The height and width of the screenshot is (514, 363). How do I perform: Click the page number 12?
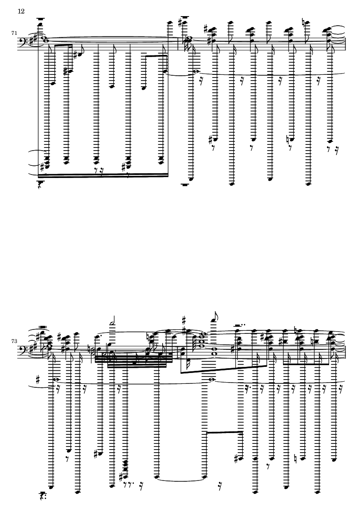point(21,11)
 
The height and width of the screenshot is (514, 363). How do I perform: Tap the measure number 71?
point(14,33)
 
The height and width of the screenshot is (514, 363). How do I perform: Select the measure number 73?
point(14,341)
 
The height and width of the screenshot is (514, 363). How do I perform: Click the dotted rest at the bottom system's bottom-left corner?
point(42,494)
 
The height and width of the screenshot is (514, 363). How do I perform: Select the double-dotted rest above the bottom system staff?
point(240,326)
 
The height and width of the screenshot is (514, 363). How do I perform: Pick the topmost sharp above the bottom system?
point(184,319)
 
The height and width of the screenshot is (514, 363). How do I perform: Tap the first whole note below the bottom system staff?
point(57,380)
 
